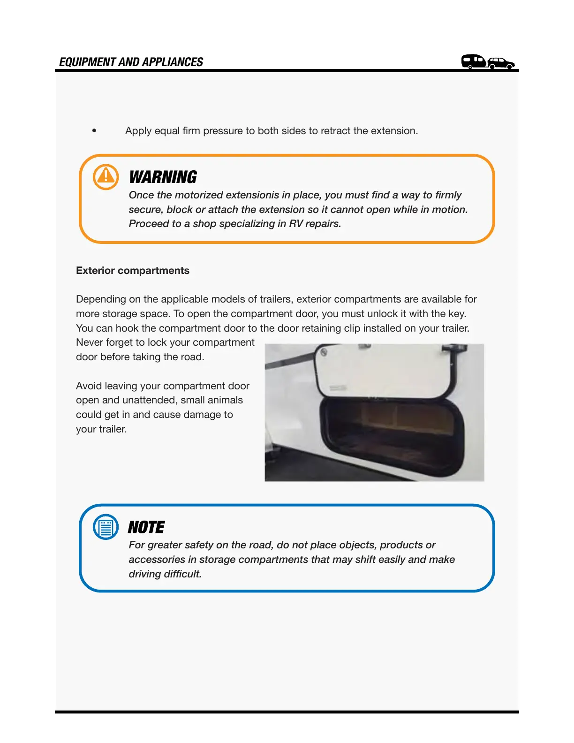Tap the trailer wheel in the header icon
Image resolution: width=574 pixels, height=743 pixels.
(x=470, y=67)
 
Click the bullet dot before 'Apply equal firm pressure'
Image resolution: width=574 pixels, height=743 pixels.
(x=94, y=131)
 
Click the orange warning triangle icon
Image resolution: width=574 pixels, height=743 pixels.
(x=106, y=177)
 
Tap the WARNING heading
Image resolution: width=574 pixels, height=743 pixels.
(x=163, y=177)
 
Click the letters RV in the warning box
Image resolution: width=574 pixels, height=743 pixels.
(x=295, y=224)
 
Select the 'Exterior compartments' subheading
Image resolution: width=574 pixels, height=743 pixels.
(x=133, y=271)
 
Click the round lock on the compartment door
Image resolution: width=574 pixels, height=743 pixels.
(x=324, y=352)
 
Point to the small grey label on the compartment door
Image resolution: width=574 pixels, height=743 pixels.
(x=338, y=388)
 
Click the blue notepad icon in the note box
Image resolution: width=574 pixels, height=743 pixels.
(x=106, y=527)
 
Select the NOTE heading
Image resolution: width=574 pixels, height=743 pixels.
(x=146, y=528)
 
